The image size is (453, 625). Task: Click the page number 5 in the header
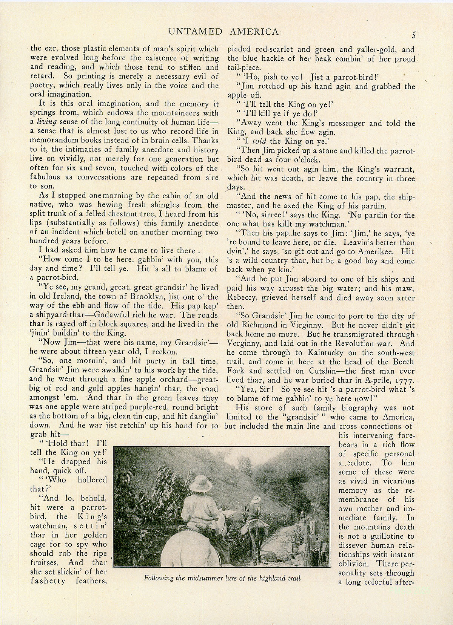pos(414,35)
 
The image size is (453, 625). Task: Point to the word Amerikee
pos(384,251)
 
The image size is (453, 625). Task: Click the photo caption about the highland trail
pos(222,578)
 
